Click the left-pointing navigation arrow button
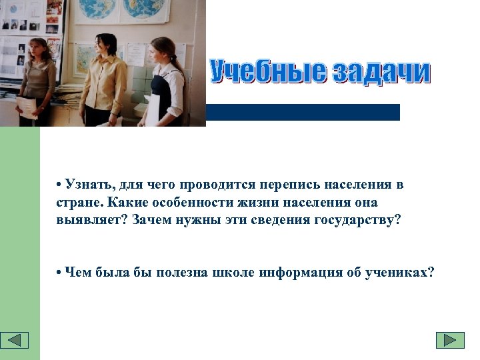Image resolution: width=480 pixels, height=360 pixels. point(15,340)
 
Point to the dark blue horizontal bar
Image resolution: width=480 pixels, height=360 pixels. point(303,112)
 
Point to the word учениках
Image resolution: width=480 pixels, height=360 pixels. point(401,273)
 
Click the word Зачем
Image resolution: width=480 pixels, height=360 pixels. point(152,219)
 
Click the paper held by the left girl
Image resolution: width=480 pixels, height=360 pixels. point(27,107)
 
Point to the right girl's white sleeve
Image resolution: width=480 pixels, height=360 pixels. point(176,81)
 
